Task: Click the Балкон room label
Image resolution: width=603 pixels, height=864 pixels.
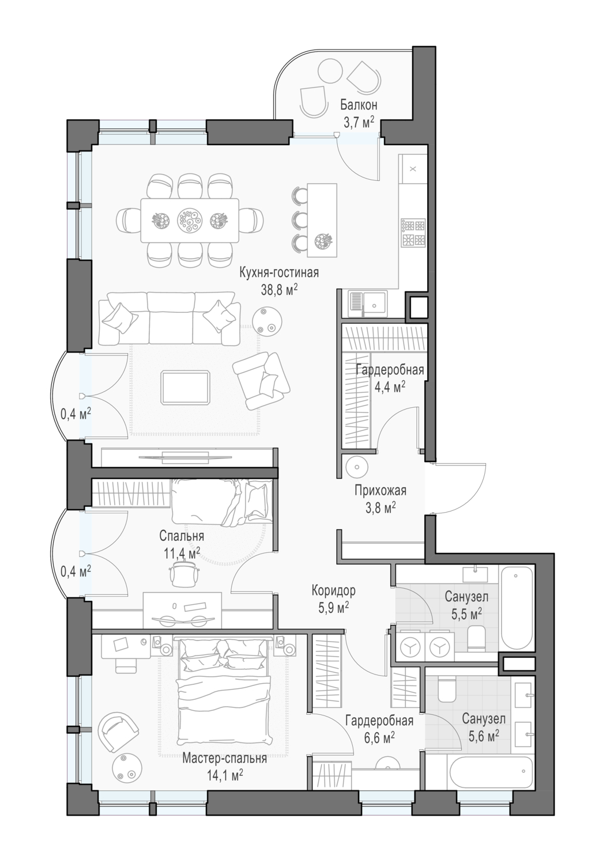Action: click(358, 105)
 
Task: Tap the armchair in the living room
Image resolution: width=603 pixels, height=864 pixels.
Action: click(261, 381)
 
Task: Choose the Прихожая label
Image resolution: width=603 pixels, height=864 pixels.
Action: click(380, 491)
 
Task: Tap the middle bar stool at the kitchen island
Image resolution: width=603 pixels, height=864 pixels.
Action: click(300, 219)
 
